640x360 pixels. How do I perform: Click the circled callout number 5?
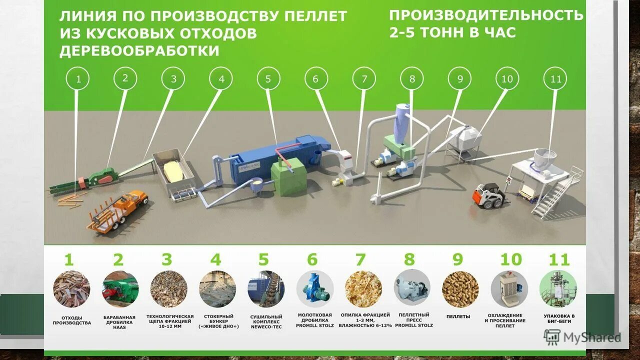tap(268, 78)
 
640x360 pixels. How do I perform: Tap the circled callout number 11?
tap(555, 78)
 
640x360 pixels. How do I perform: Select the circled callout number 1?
tap(77, 78)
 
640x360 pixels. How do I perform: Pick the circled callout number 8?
tap(412, 78)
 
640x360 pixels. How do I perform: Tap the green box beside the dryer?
tap(288, 176)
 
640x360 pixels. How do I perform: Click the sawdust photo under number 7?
tap(363, 289)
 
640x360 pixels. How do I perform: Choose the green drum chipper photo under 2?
tap(120, 289)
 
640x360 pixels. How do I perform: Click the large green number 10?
tap(510, 260)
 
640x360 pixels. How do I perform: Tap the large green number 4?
tap(215, 260)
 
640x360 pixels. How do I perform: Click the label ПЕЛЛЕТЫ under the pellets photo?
tap(458, 316)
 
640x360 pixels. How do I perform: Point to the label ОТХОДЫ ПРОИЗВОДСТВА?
tap(72, 320)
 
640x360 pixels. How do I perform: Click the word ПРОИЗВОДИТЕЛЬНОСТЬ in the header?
tap(486, 15)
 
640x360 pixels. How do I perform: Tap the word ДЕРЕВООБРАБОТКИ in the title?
tap(139, 51)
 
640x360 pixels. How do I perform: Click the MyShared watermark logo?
tap(582, 337)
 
